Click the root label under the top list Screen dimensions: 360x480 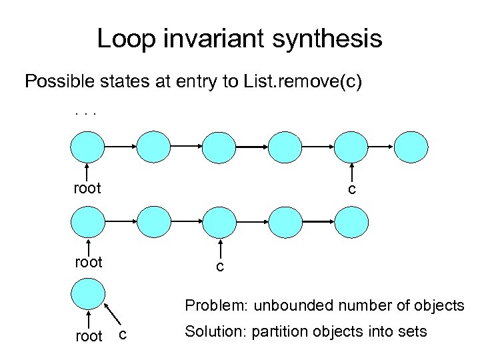pyautogui.click(x=87, y=189)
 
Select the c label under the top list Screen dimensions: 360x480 pyautogui.click(x=352, y=190)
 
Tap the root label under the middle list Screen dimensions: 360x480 pyautogui.click(x=87, y=262)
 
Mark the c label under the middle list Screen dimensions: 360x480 pyautogui.click(x=219, y=267)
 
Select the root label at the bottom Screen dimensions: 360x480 pyautogui.click(x=89, y=337)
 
